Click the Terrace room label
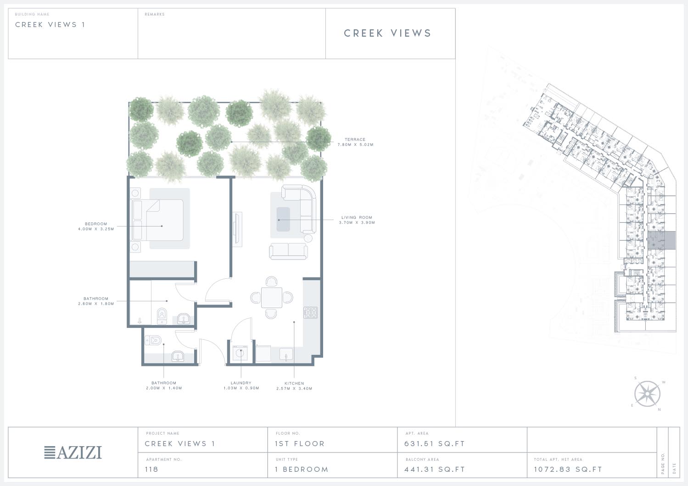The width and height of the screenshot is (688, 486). [355, 142]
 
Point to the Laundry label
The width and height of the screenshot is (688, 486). [241, 386]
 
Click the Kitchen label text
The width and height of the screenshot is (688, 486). [294, 386]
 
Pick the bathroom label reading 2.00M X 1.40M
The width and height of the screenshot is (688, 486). [164, 386]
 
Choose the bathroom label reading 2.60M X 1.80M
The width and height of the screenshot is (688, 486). [96, 301]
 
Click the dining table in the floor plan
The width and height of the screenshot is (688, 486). [272, 297]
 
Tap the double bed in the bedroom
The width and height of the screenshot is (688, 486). [158, 220]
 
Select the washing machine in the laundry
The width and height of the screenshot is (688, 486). [240, 353]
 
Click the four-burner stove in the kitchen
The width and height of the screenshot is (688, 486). [311, 313]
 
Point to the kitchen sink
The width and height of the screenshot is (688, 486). [286, 354]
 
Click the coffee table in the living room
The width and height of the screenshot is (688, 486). [283, 219]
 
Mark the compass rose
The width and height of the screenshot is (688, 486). [647, 394]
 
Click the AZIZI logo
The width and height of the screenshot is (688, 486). [73, 453]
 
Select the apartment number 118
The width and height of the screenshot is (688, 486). [151, 469]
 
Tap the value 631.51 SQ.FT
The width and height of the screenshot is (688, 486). [435, 444]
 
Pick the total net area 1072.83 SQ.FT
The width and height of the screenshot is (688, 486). [568, 469]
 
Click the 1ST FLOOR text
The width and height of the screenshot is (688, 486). [300, 444]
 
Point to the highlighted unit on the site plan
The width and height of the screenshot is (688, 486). [661, 241]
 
